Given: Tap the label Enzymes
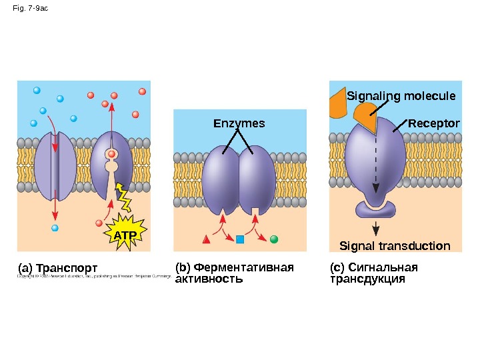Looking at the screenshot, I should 239,123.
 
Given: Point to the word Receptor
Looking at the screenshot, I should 433,124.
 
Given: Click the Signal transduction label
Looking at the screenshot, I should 395,246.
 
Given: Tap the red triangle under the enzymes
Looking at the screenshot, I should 207,239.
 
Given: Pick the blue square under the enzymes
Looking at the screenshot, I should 240,239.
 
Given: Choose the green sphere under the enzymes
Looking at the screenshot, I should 273,238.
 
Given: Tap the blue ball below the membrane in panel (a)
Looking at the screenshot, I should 55,228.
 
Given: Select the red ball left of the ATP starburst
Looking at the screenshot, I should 99,223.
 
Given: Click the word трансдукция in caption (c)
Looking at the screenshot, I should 367,279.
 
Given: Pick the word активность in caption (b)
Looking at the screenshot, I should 208,279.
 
